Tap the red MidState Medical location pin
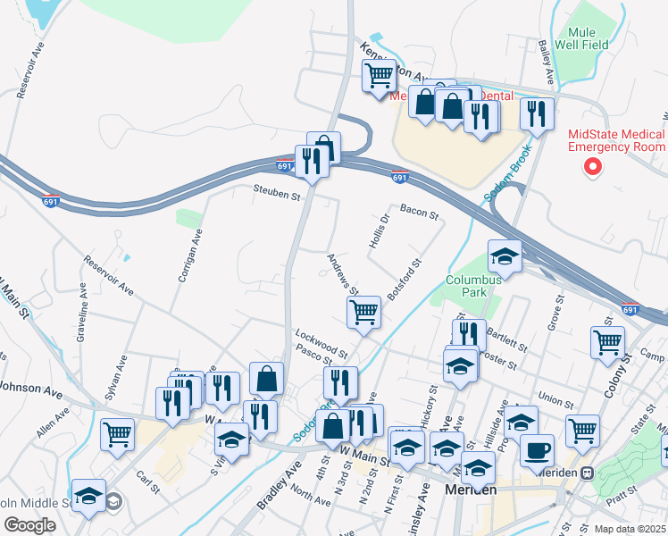tap(591, 166)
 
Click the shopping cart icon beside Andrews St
tap(363, 312)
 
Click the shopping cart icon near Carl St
tap(118, 434)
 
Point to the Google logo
tap(29, 524)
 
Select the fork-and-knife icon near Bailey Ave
tap(536, 113)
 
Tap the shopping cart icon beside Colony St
tap(607, 341)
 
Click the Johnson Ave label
tap(32, 389)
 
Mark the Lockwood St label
tap(321, 340)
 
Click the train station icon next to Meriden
tap(587, 473)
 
